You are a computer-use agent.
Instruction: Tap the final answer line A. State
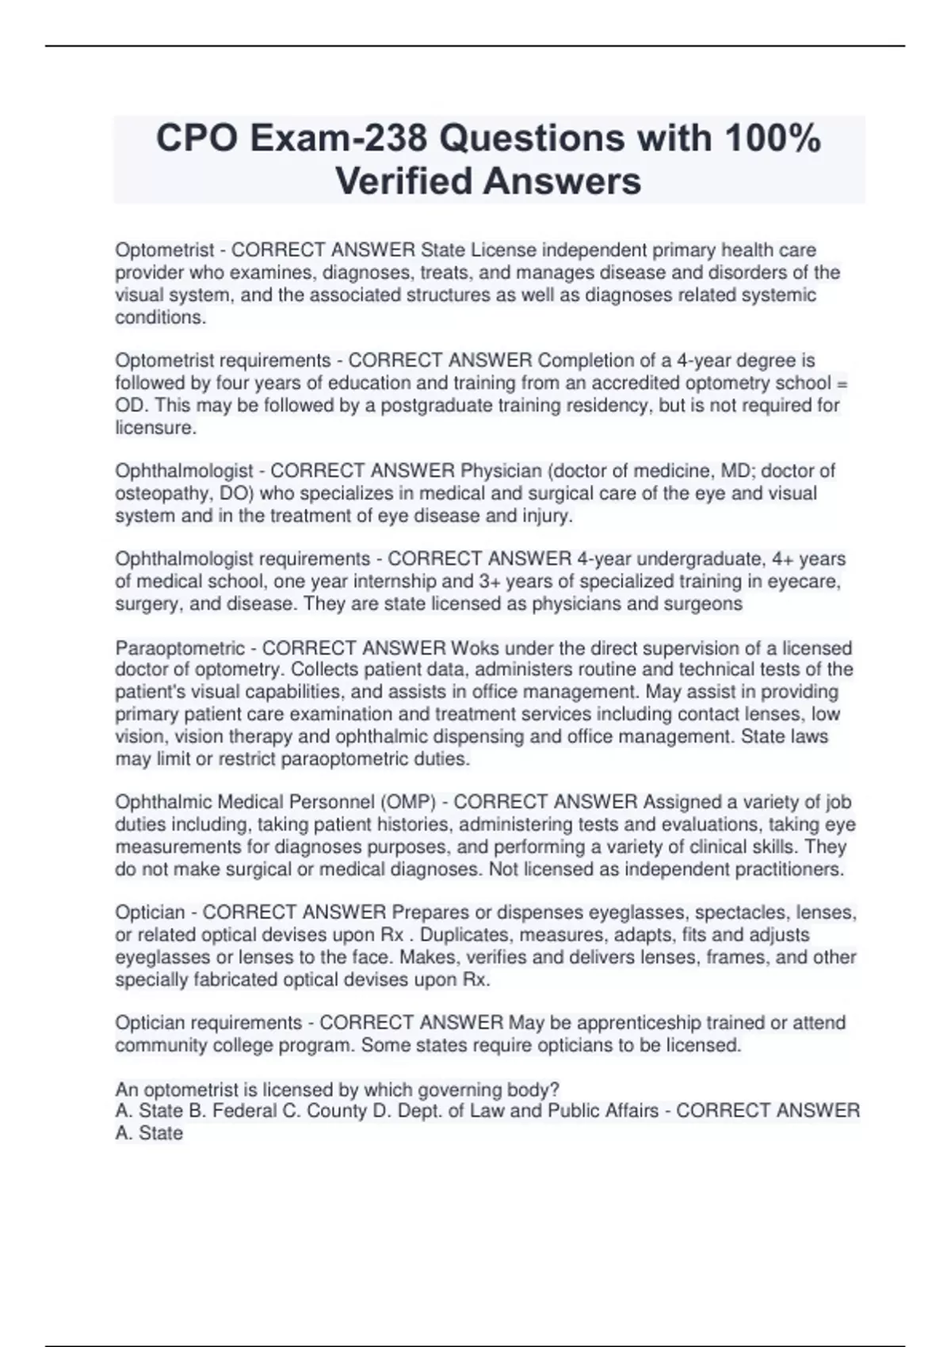[149, 1133]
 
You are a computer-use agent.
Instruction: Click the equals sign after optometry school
[842, 383]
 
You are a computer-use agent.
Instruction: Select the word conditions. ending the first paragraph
[160, 317]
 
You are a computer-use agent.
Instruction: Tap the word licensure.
[155, 427]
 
